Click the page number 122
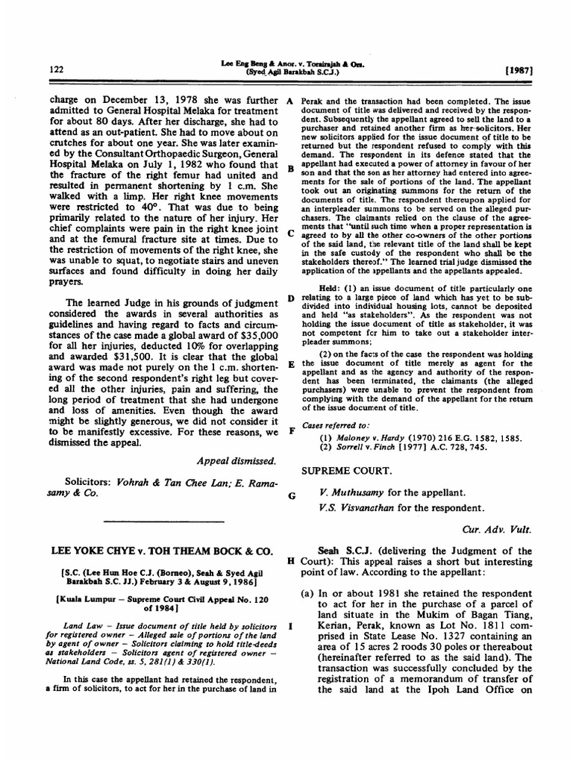(54, 69)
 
